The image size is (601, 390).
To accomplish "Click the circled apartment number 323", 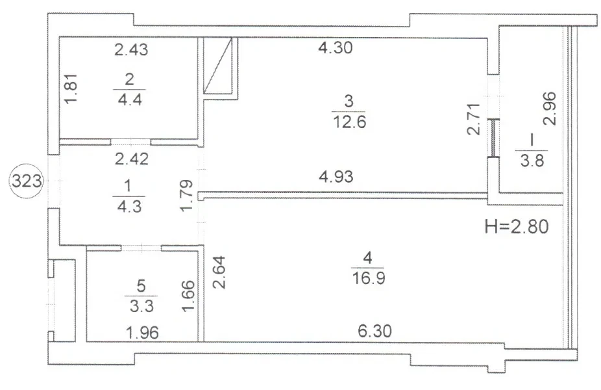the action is click(27, 181).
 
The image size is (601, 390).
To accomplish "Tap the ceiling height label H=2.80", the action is click(517, 226).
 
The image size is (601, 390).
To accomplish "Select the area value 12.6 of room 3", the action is click(350, 122).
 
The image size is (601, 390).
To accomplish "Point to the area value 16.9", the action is click(369, 278).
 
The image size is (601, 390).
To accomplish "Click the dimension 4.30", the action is click(336, 47).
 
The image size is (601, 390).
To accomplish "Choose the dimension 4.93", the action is click(336, 177).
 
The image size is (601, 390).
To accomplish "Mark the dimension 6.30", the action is click(375, 331).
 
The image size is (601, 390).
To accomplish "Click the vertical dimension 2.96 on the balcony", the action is click(549, 109).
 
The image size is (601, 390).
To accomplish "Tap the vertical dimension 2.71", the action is click(474, 119).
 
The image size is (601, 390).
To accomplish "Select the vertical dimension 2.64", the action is click(219, 272).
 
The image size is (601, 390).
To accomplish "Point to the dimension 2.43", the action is click(131, 49).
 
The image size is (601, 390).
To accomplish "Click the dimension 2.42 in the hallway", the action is click(132, 159).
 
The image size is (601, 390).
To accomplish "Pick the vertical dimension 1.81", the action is click(71, 88).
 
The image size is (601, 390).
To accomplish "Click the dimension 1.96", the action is click(142, 333).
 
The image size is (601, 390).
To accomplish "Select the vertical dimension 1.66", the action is click(188, 296).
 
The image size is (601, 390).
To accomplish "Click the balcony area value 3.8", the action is click(532, 160).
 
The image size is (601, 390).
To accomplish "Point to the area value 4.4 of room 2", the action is click(130, 100).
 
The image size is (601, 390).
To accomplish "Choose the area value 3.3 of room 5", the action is click(141, 306).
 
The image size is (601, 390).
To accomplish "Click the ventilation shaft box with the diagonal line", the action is click(217, 66).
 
